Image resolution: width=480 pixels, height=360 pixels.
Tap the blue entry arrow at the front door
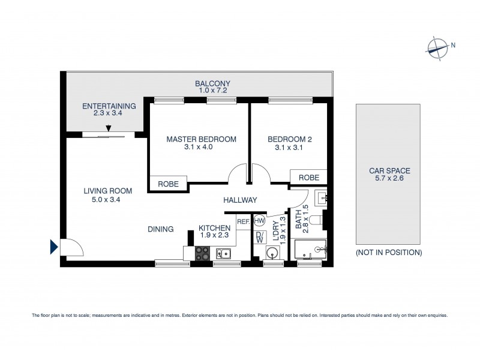54,247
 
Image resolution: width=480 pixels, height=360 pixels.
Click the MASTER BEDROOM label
201,139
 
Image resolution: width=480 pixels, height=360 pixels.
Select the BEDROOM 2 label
289,139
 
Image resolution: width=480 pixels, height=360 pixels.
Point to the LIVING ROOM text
107,191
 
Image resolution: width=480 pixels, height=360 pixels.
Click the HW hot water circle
259,221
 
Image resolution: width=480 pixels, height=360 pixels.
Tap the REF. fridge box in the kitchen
243,222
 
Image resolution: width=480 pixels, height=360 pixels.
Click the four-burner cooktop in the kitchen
203,253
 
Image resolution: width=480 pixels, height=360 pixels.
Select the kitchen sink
224,254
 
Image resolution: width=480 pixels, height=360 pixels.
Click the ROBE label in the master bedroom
168,184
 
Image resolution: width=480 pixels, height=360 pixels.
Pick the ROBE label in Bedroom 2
308,178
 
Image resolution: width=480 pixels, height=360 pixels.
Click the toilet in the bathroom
322,221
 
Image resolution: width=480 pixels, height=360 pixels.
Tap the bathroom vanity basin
320,196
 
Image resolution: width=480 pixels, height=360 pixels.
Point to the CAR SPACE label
389,171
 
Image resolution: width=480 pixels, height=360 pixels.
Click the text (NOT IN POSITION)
389,253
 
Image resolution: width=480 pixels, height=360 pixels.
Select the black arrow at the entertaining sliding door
109,128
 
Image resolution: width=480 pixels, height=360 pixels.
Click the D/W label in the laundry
259,237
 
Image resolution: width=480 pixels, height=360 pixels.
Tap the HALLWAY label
240,200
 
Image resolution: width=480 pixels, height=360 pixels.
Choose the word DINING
161,229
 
